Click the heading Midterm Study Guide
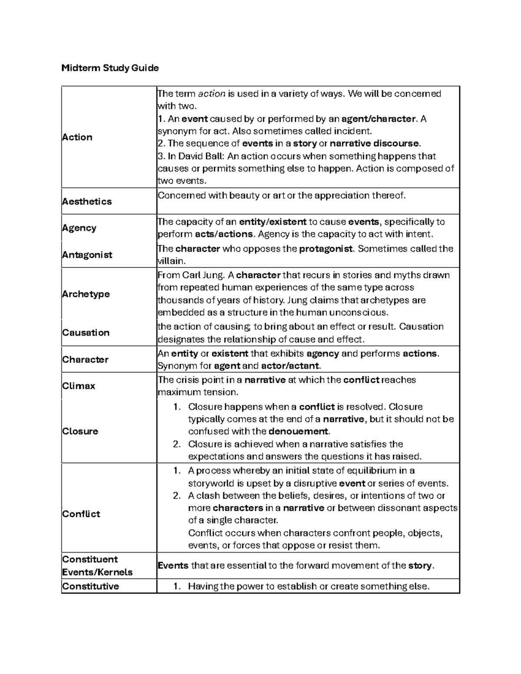(x=110, y=68)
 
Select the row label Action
(x=77, y=137)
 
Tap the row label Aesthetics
(x=87, y=201)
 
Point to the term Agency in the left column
(x=79, y=228)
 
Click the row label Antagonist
(x=87, y=255)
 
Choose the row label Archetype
(x=86, y=294)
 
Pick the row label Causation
(x=86, y=332)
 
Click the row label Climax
(x=79, y=386)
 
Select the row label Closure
(x=80, y=431)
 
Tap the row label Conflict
(x=81, y=514)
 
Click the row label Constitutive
(x=90, y=586)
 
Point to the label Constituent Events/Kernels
(x=97, y=566)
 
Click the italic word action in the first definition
(x=211, y=94)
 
